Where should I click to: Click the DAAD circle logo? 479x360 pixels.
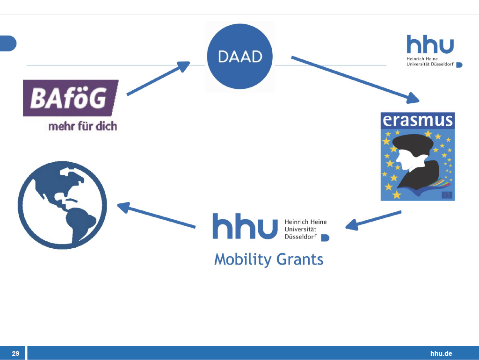240,57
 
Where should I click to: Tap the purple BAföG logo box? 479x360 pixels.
70,98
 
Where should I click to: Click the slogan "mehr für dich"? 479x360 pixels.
82,126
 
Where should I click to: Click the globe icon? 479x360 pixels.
62,204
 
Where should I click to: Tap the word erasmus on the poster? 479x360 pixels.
418,120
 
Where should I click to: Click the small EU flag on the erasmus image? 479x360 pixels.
447,195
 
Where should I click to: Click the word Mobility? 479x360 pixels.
243,259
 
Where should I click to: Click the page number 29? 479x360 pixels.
15,353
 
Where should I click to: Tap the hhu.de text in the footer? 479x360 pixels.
441,353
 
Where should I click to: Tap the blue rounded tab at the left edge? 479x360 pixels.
7,43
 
